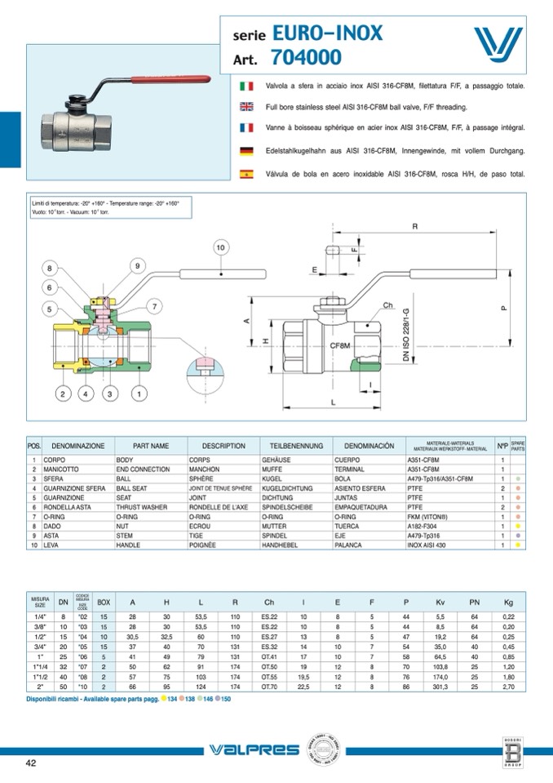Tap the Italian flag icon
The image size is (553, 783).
246,86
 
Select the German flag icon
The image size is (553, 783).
246,151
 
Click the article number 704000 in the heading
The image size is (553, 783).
306,58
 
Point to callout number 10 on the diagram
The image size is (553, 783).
220,247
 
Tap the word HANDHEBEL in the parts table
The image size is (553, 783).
280,544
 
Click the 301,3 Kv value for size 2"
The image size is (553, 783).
441,687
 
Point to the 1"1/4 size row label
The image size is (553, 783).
40,667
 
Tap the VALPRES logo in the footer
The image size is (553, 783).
247,750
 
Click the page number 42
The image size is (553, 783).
31,763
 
